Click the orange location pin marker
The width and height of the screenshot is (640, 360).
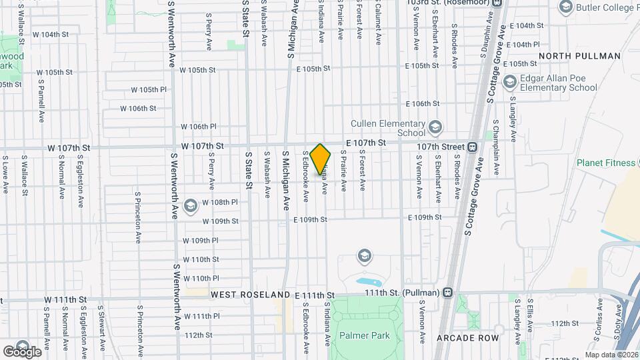click(x=321, y=159)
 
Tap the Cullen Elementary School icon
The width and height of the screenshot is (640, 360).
click(x=435, y=127)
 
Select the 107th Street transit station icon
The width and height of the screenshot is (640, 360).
click(x=471, y=147)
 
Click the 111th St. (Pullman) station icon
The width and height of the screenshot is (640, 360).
click(x=447, y=292)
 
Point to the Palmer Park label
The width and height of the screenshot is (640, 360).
click(x=364, y=335)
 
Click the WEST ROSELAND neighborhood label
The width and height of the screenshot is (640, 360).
click(x=251, y=294)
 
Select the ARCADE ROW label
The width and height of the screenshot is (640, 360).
click(x=467, y=338)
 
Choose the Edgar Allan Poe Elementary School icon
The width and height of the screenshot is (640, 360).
click(x=510, y=82)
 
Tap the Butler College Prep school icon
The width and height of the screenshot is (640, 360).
click(x=566, y=7)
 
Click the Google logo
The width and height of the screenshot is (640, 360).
click(x=22, y=351)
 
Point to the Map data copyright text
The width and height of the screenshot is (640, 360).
click(x=611, y=355)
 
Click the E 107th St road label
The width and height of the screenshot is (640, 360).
click(x=365, y=143)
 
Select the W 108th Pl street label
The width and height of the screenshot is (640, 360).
click(x=219, y=202)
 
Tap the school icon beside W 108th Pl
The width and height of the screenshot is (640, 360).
click(x=191, y=205)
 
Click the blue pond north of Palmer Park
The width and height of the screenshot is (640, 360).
click(x=368, y=282)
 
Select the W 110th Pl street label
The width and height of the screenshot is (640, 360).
click(x=201, y=278)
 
